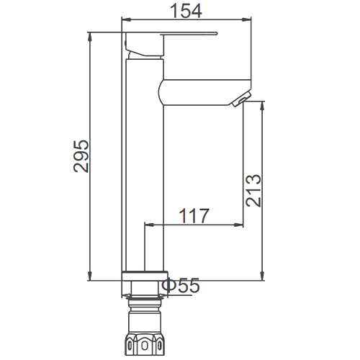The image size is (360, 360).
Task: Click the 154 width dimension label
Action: [186, 11]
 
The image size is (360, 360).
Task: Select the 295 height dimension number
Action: [81, 156]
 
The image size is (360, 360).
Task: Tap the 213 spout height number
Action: [253, 191]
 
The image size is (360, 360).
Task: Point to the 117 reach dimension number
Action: [194, 215]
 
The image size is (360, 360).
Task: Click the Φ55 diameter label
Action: [181, 285]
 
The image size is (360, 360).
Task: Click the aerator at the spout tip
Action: [241, 99]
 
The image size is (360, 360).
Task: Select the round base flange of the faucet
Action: [145, 276]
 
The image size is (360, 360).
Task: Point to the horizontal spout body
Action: [204, 92]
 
